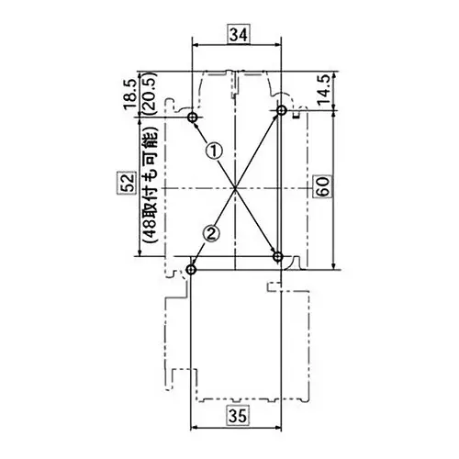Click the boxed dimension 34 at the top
[x=239, y=35]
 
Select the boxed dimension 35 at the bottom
[x=238, y=416]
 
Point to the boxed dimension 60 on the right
[x=322, y=186]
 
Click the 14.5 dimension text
[x=324, y=90]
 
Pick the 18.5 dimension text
[x=130, y=94]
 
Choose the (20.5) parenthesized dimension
[x=150, y=94]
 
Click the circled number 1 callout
[x=215, y=151]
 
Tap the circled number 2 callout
[x=211, y=234]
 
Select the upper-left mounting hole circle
[x=193, y=118]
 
